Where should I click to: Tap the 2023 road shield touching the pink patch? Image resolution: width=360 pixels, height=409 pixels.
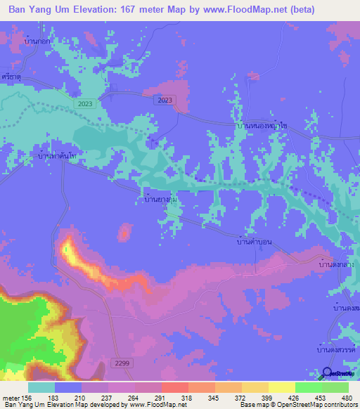pos(163,100)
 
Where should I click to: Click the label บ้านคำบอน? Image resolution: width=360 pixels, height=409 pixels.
pos(251,242)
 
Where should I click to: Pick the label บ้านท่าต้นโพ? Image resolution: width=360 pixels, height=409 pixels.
pos(57,155)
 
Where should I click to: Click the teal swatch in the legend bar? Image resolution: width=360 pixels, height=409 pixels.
pos(41,387)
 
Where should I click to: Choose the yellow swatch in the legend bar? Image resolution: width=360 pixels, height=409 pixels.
pos(281,387)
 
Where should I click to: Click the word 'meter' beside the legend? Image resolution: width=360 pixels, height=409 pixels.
pos(11,397)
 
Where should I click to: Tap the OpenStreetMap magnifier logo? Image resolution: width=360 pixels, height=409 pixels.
pos(328,373)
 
